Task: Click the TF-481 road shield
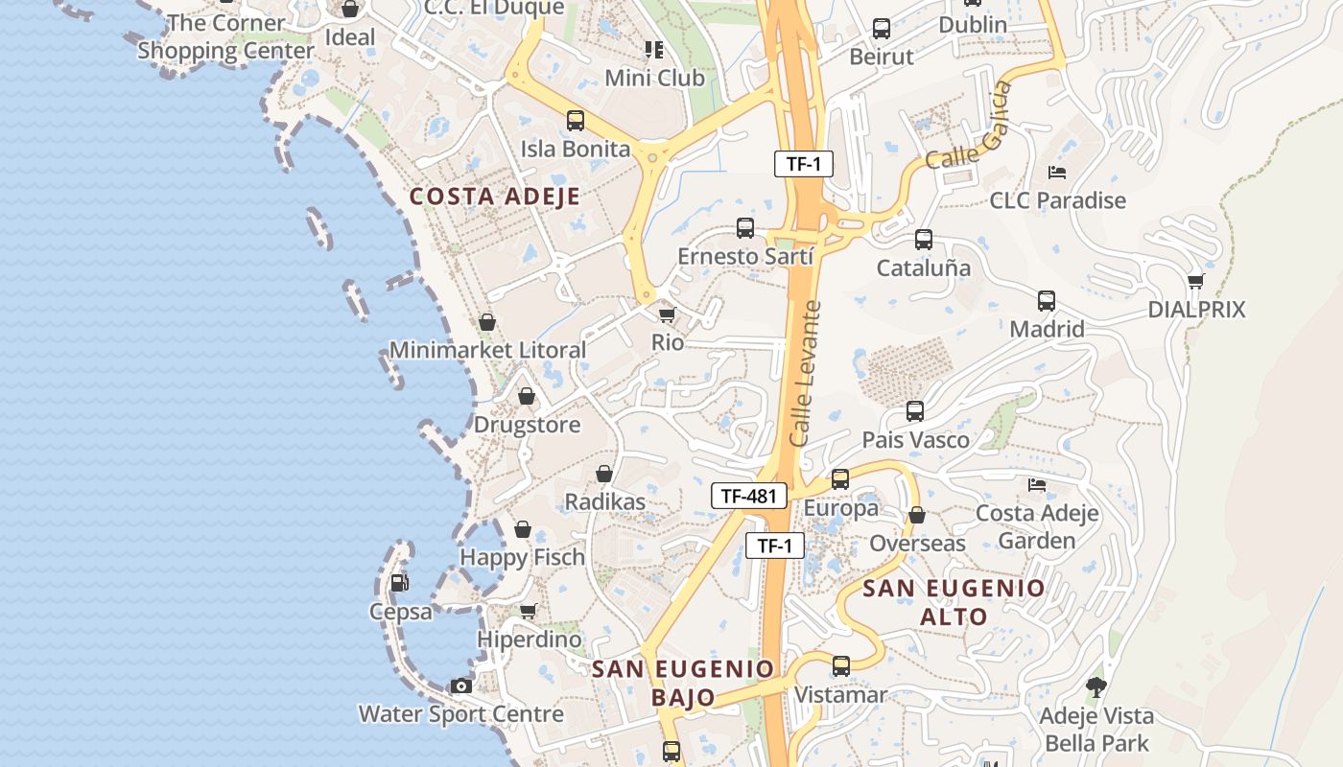click(748, 496)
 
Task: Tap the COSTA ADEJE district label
click(495, 197)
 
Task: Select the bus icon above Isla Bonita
click(576, 121)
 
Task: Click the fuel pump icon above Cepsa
click(399, 582)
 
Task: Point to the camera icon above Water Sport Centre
click(461, 686)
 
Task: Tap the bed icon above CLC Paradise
click(1057, 173)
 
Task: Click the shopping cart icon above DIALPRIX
click(1195, 281)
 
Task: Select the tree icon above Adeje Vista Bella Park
click(1096, 686)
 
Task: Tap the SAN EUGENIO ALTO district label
click(954, 602)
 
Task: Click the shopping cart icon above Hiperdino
click(528, 611)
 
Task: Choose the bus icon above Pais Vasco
click(915, 411)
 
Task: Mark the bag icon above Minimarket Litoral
click(487, 322)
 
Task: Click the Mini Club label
click(654, 78)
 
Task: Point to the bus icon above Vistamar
click(841, 665)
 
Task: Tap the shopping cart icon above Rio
click(667, 314)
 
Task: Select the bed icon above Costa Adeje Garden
click(1037, 485)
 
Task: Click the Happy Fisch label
click(523, 557)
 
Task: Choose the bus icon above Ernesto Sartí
click(745, 228)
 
